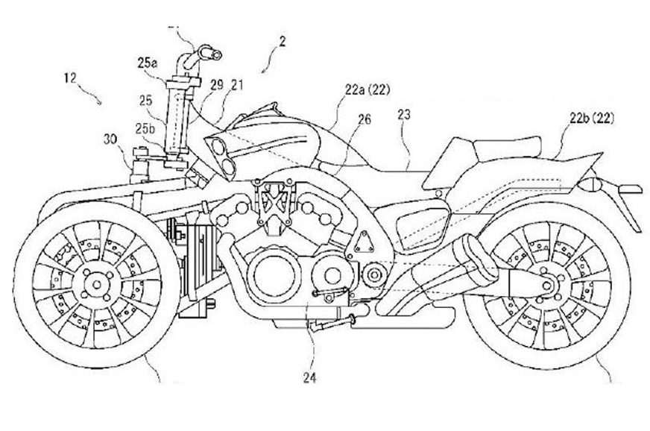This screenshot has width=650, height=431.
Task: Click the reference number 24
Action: [309, 378]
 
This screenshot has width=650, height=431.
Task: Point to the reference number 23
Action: [404, 115]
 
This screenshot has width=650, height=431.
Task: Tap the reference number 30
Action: [111, 139]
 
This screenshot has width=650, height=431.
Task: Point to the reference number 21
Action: [236, 87]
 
